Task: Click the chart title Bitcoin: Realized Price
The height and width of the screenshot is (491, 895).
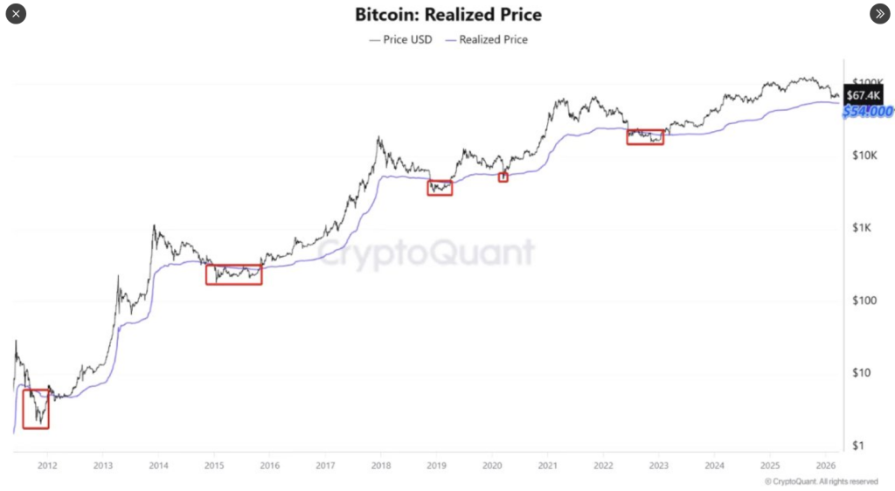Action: tap(447, 15)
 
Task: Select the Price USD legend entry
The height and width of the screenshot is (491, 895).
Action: tap(402, 39)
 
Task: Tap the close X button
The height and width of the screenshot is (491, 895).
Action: tap(17, 14)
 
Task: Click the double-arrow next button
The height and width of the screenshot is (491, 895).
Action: tap(878, 14)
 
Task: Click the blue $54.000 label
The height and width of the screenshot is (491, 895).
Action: tap(867, 112)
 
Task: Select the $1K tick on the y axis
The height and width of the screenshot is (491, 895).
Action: tap(861, 228)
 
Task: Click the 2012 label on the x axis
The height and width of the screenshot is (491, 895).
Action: tap(47, 466)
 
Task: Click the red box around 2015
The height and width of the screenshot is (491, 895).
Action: tap(233, 274)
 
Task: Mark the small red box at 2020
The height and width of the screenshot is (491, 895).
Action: tap(503, 177)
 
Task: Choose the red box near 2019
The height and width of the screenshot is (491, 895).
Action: tap(440, 187)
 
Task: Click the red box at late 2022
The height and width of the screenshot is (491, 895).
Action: tap(645, 136)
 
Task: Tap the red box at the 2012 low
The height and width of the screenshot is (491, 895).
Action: tap(36, 408)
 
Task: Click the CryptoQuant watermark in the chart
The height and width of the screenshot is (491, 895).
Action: tap(425, 252)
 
